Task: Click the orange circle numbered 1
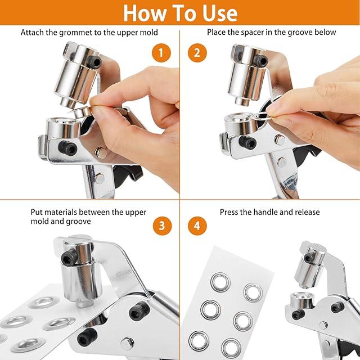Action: click(161, 53)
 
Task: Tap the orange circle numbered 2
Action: click(197, 53)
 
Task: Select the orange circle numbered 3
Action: click(163, 226)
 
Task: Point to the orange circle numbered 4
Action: click(197, 226)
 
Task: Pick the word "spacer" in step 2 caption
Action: click(252, 32)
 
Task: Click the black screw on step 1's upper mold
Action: click(94, 62)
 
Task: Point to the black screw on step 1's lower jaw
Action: click(67, 148)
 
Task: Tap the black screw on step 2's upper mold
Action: click(261, 60)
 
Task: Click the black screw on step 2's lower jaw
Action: click(247, 142)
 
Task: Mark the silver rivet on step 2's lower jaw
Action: click(279, 140)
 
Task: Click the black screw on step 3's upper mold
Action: click(69, 257)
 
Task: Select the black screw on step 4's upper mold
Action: click(309, 257)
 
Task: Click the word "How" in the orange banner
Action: click(144, 13)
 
